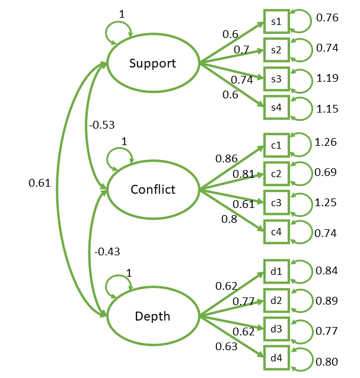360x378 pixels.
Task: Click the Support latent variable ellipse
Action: click(x=153, y=63)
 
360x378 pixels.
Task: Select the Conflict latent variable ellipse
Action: click(x=153, y=190)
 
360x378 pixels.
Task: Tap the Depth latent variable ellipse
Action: click(x=153, y=316)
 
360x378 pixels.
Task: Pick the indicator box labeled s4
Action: click(x=276, y=107)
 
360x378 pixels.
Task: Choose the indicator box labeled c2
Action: click(x=276, y=173)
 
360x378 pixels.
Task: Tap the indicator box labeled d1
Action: click(x=276, y=272)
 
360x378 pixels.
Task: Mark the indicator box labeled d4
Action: click(x=276, y=357)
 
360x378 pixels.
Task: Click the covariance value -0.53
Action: click(x=101, y=125)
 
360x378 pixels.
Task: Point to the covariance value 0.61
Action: click(x=40, y=184)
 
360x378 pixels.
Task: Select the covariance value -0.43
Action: click(x=107, y=252)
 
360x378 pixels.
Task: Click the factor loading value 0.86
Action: click(x=227, y=159)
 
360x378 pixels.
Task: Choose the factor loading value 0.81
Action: click(x=244, y=174)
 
